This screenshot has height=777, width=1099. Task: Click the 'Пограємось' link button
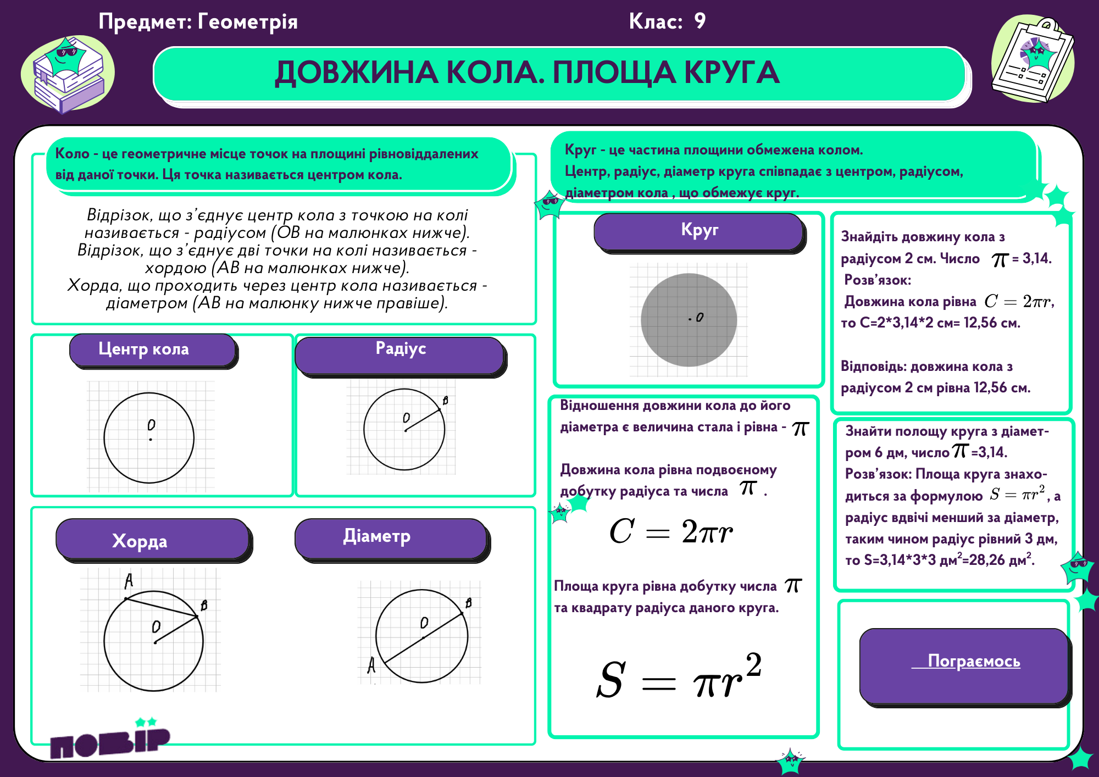(973, 661)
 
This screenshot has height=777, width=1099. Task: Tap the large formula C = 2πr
(671, 531)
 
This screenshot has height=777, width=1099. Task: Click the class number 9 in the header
(700, 21)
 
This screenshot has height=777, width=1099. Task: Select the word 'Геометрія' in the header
(247, 22)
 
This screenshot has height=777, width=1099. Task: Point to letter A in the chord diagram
(129, 580)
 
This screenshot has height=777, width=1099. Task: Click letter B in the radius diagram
(445, 401)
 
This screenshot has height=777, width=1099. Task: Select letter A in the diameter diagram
(371, 665)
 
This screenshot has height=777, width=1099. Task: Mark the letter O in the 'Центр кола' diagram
(151, 425)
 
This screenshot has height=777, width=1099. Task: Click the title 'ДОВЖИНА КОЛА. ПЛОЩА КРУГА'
(526, 73)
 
